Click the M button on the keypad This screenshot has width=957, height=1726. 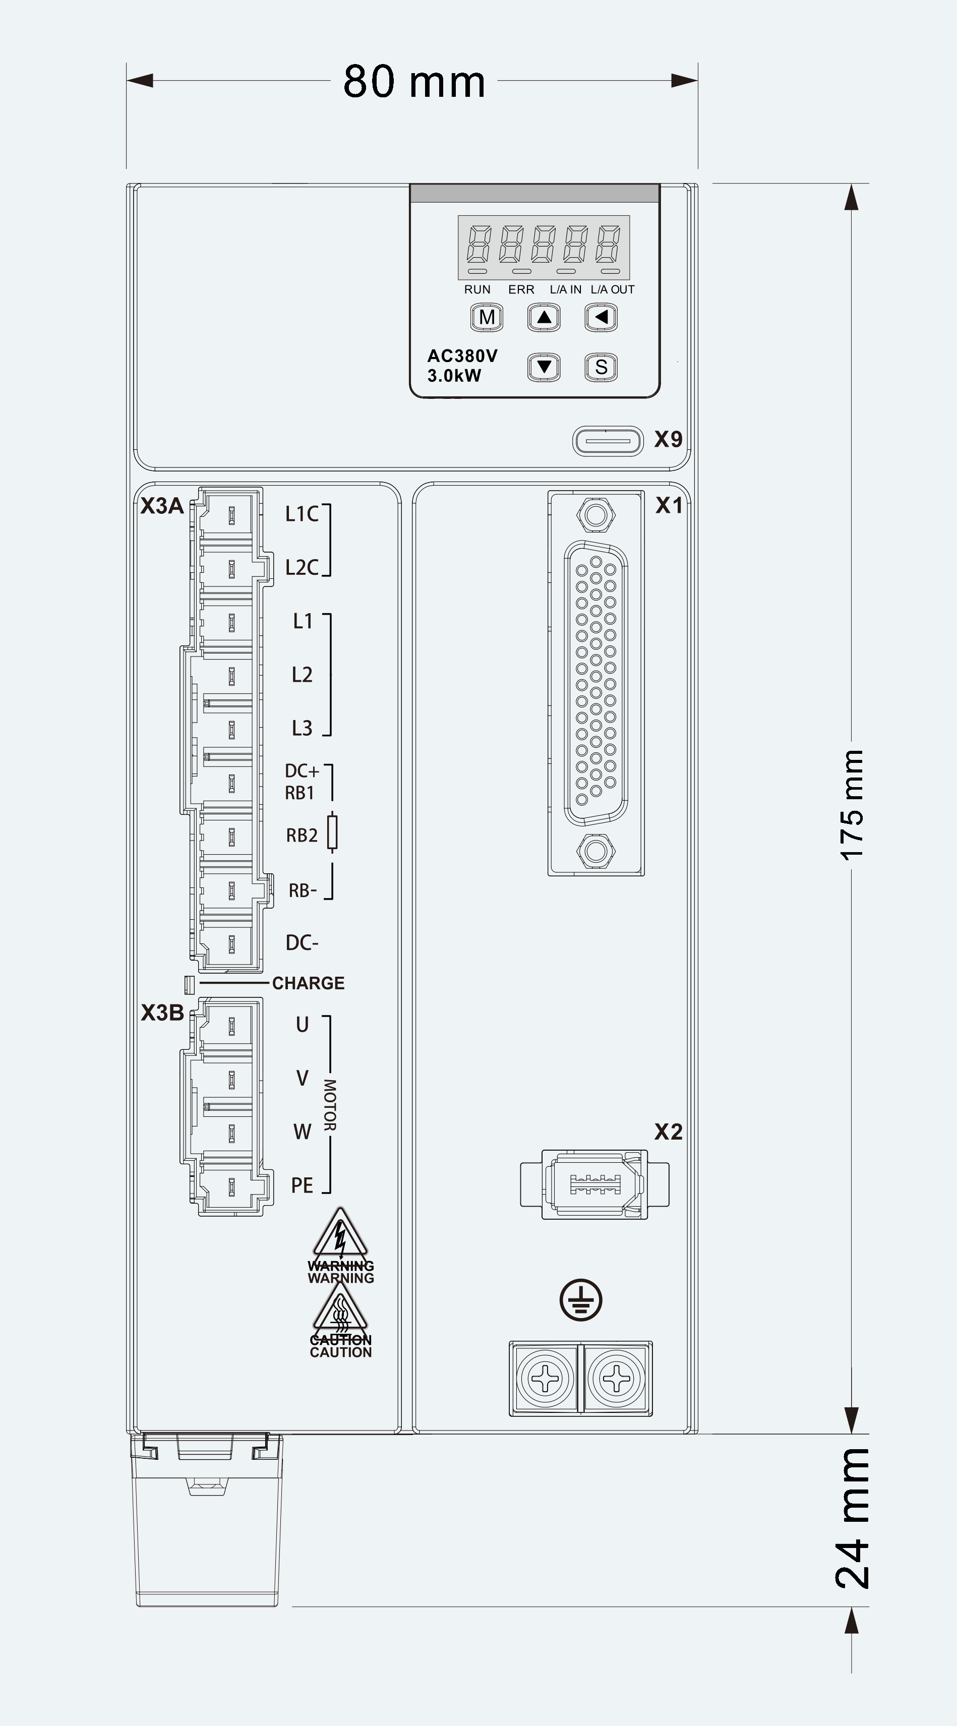point(487,318)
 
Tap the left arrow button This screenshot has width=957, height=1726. point(601,318)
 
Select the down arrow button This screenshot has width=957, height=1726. point(544,367)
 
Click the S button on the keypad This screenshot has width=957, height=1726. point(601,367)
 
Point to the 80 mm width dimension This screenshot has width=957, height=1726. point(414,82)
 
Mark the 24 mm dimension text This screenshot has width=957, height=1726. point(853,1518)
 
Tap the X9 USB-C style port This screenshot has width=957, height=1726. point(608,441)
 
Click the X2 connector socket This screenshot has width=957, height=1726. point(594,1184)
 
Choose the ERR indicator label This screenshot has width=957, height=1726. point(521,289)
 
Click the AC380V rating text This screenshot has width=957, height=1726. point(462,356)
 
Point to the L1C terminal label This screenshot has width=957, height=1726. point(302,514)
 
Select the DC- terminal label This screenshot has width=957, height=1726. point(302,943)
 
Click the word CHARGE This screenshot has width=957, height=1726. point(308,983)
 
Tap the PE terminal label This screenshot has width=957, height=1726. point(302,1185)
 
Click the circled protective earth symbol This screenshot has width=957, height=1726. point(581,1300)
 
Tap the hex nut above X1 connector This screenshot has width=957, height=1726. point(596,515)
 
